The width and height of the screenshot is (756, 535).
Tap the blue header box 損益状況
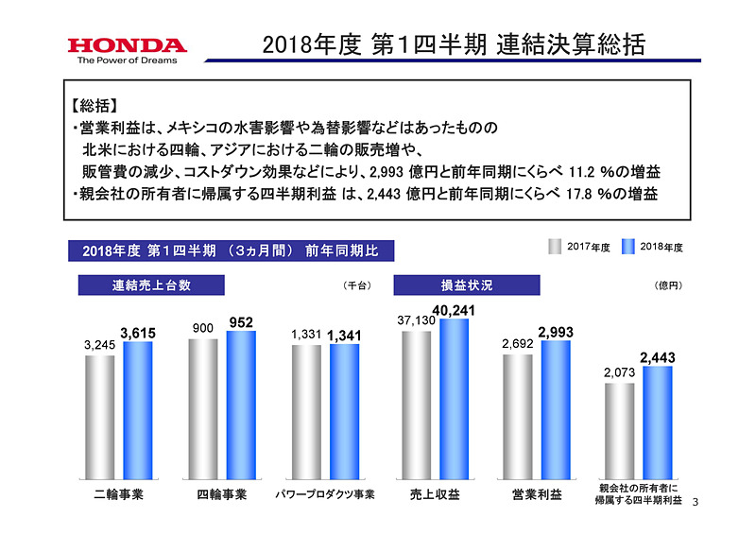466,285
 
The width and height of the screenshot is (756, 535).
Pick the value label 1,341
345,335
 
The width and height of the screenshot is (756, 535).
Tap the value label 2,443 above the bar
658,357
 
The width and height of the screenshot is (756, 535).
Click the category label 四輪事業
222,493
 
